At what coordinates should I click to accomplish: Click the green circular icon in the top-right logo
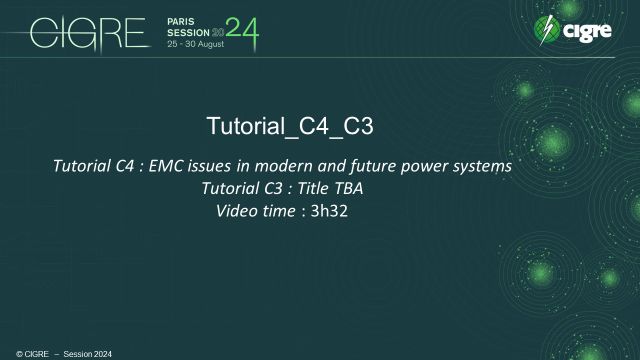pos(548,31)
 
